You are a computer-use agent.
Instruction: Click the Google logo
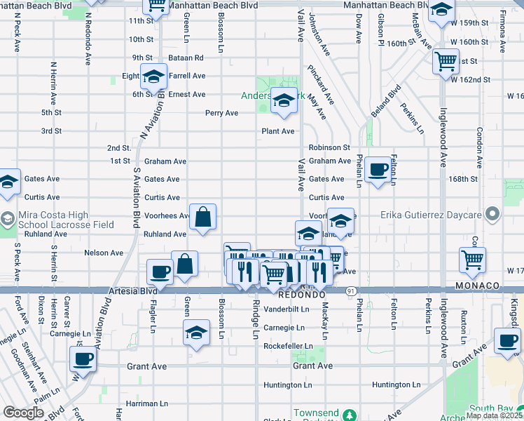coord(23,413)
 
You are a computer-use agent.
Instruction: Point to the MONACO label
coord(477,286)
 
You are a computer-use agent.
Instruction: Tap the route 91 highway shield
coord(349,290)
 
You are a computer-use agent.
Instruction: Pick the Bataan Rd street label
coord(186,58)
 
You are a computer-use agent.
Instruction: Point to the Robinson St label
coord(329,148)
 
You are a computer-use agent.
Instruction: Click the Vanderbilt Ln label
coord(286,309)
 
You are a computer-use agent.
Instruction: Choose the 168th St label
coord(463,179)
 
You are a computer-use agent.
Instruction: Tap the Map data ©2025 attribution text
coord(495,415)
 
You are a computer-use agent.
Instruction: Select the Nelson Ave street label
coord(104,253)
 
